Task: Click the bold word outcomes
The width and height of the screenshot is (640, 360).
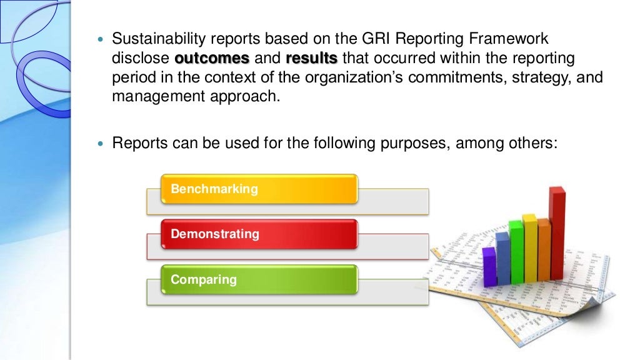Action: pyautogui.click(x=212, y=59)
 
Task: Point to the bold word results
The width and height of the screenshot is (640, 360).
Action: pyautogui.click(x=311, y=59)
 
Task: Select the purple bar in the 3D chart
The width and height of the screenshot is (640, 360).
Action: pyautogui.click(x=489, y=266)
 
